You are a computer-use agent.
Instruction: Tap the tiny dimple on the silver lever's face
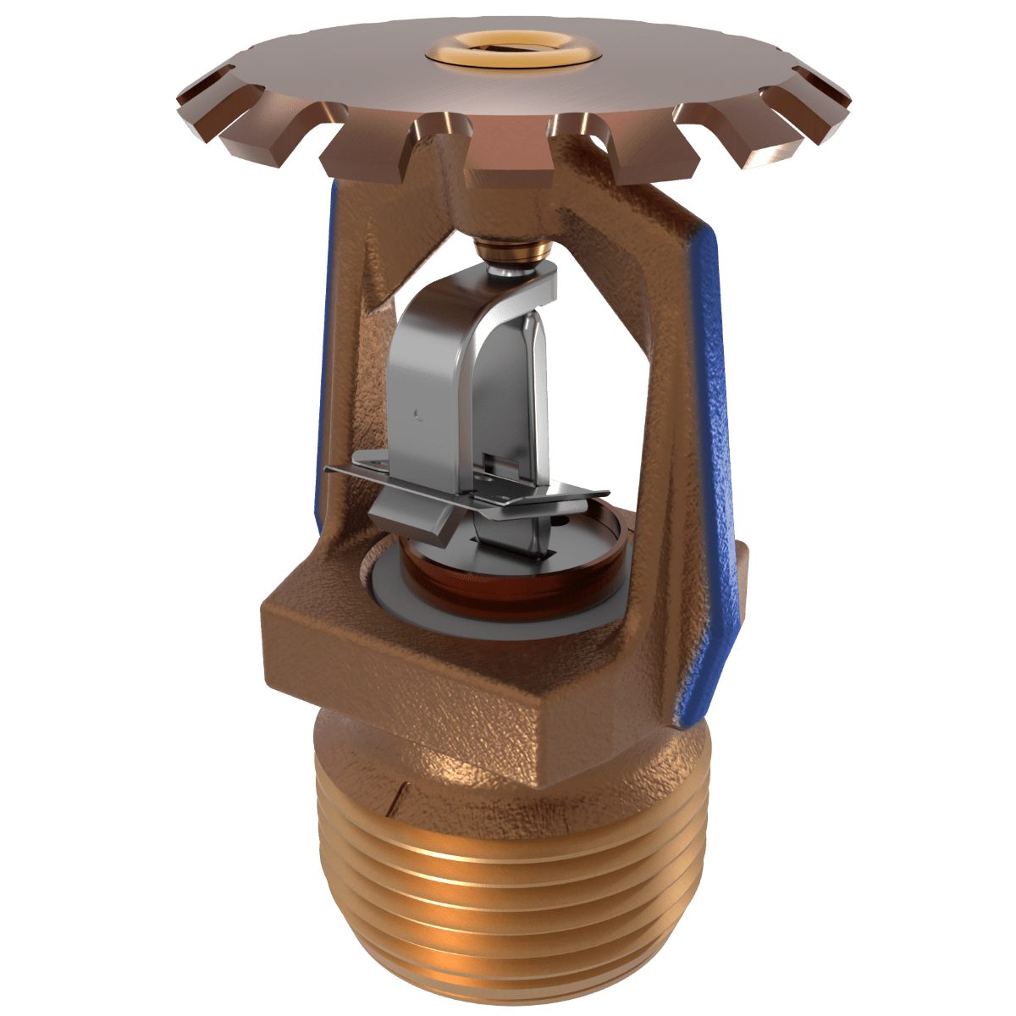pyautogui.click(x=417, y=413)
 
